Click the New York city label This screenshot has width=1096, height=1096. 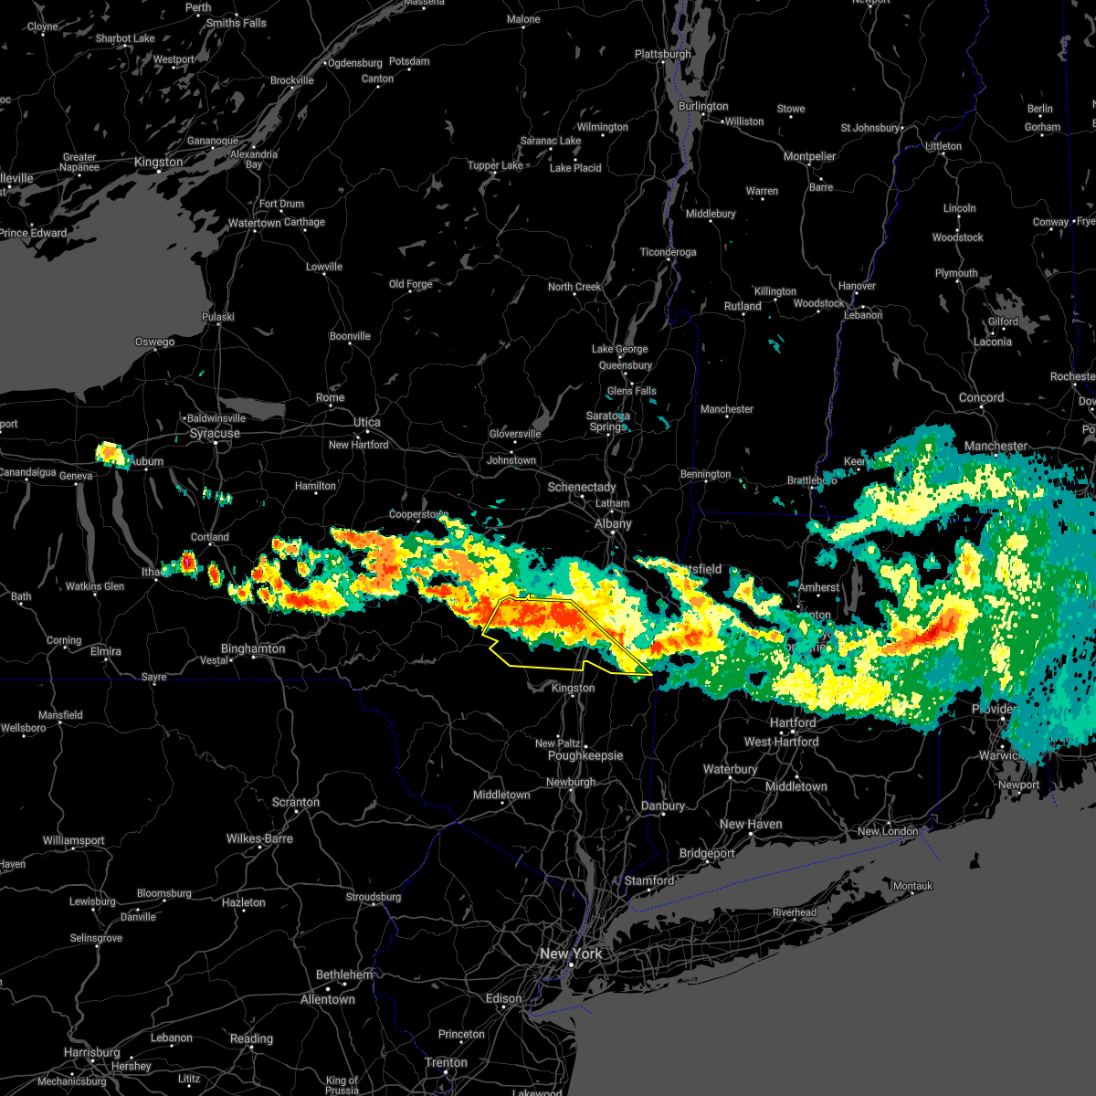571,954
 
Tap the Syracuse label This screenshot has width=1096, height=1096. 215,433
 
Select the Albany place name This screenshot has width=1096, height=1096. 613,523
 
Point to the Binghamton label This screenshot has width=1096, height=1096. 253,648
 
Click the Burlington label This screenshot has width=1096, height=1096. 703,106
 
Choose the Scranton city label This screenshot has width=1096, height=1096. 296,802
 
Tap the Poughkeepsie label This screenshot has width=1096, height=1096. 585,755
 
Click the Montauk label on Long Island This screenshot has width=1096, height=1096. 912,886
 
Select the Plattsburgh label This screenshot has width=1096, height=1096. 663,54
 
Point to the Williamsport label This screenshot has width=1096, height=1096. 74,840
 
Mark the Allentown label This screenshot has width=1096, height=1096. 328,999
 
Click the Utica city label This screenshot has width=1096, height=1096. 367,422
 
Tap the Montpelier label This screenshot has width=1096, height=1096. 810,156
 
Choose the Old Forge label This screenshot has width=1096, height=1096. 411,284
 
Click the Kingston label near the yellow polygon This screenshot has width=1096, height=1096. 574,688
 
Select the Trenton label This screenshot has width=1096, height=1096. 447,1062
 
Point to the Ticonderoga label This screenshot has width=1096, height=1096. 669,252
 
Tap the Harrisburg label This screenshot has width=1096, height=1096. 92,1052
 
